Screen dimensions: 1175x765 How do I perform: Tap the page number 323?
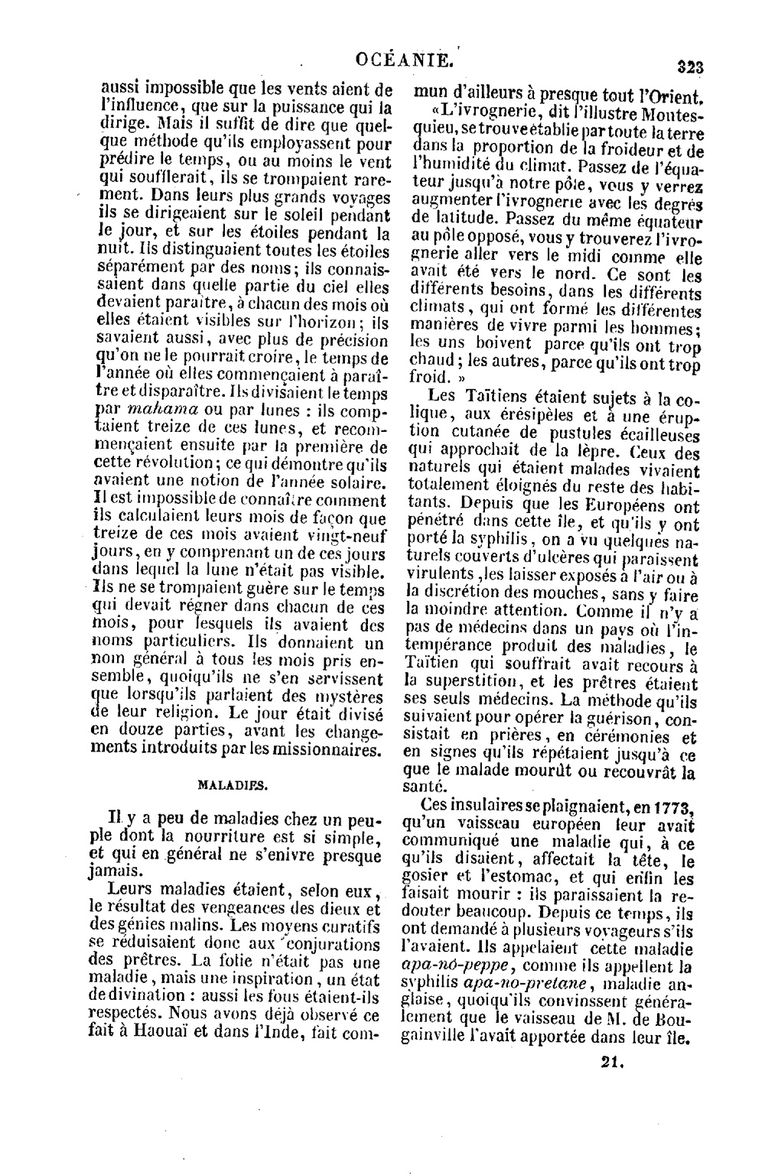pyautogui.click(x=689, y=67)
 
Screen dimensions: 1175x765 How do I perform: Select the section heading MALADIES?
pyautogui.click(x=232, y=785)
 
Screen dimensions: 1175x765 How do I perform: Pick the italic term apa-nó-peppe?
pyautogui.click(x=450, y=966)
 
